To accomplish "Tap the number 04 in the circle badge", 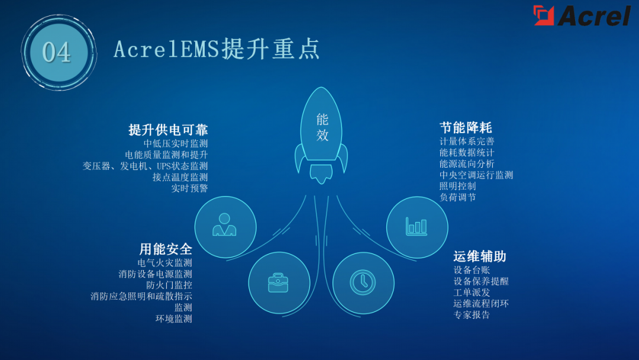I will click(57, 52).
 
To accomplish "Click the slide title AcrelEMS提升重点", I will click(217, 49).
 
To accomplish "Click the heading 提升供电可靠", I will click(168, 130).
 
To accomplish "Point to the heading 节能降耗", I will click(466, 127).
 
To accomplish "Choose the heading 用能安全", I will click(166, 249).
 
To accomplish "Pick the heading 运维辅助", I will click(480, 256).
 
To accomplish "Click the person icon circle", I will click(225, 227).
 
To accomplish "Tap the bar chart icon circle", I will click(417, 227).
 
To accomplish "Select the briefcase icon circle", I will click(279, 282).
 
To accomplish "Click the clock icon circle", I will click(363, 282).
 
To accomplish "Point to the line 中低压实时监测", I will click(176, 143).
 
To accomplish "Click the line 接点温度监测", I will click(180, 177).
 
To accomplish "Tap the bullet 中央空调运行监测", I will click(476, 175).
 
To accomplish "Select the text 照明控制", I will click(457, 186).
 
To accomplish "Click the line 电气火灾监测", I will click(164, 263).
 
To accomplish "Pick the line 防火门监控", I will click(169, 285).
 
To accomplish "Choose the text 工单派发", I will click(472, 292).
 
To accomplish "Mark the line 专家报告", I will click(472, 315).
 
